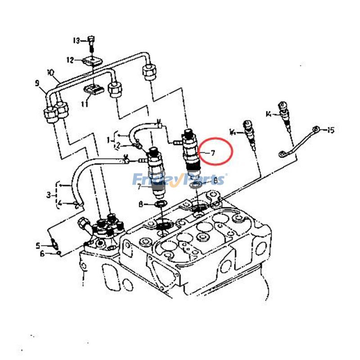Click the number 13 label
tap(76, 41)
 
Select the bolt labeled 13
tap(91, 42)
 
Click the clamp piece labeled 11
tap(94, 90)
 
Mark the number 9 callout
tap(37, 83)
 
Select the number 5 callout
tap(38, 245)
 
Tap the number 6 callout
tap(43, 254)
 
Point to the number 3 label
tap(49, 195)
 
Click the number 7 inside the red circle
tap(212, 153)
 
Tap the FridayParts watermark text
tap(180, 180)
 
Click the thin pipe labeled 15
tap(299, 142)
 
